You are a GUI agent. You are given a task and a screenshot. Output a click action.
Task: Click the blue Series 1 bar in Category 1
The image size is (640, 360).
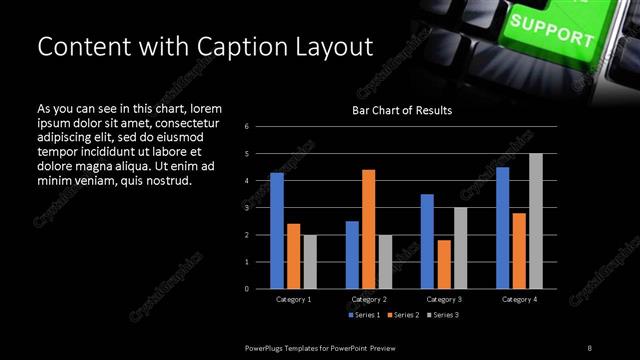click(277, 230)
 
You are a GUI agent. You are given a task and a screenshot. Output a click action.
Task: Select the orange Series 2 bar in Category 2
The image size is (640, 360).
click(368, 228)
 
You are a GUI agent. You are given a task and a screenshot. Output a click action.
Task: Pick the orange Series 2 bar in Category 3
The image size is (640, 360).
click(444, 264)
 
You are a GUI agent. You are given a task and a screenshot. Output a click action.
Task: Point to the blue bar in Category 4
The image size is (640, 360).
click(502, 227)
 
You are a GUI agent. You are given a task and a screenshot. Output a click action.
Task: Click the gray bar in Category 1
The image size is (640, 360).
click(310, 261)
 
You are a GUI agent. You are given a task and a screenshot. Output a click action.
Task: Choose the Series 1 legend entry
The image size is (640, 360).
click(364, 315)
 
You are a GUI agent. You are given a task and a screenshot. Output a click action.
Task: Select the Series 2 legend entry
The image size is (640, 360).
click(404, 315)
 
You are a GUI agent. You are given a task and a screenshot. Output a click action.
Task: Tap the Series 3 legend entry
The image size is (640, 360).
click(444, 315)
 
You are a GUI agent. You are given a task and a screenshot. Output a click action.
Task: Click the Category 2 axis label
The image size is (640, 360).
click(369, 299)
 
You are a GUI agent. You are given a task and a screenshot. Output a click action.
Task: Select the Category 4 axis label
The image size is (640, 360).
click(519, 299)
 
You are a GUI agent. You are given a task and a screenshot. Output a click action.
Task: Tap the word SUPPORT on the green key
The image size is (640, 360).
click(551, 30)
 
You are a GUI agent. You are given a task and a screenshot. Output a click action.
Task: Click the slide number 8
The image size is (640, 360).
click(590, 347)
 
